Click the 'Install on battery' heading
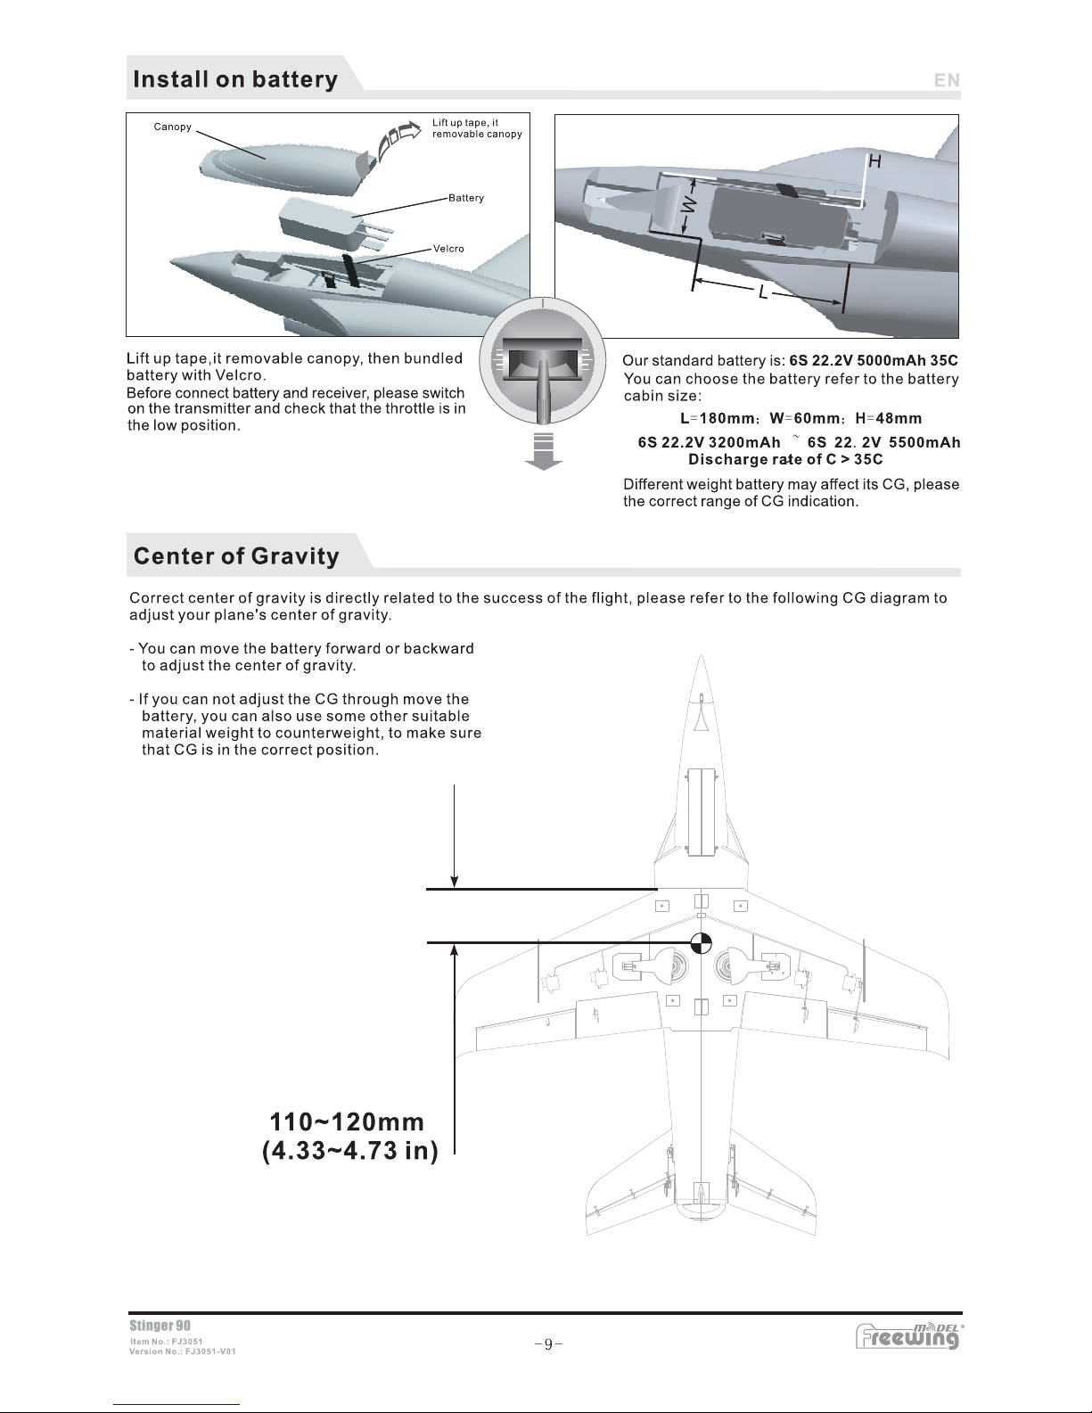click(235, 79)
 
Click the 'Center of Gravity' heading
click(236, 556)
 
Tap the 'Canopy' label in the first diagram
click(172, 127)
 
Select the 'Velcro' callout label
click(448, 249)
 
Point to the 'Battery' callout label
click(466, 198)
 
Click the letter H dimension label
click(874, 161)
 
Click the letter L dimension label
click(763, 292)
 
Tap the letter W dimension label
click(687, 205)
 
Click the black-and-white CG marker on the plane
click(702, 942)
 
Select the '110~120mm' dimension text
click(347, 1121)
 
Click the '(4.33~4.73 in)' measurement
click(349, 1152)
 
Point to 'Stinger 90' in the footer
click(160, 1327)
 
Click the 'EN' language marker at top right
click(947, 80)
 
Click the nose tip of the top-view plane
click(702, 659)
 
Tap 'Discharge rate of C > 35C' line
click(785, 460)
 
